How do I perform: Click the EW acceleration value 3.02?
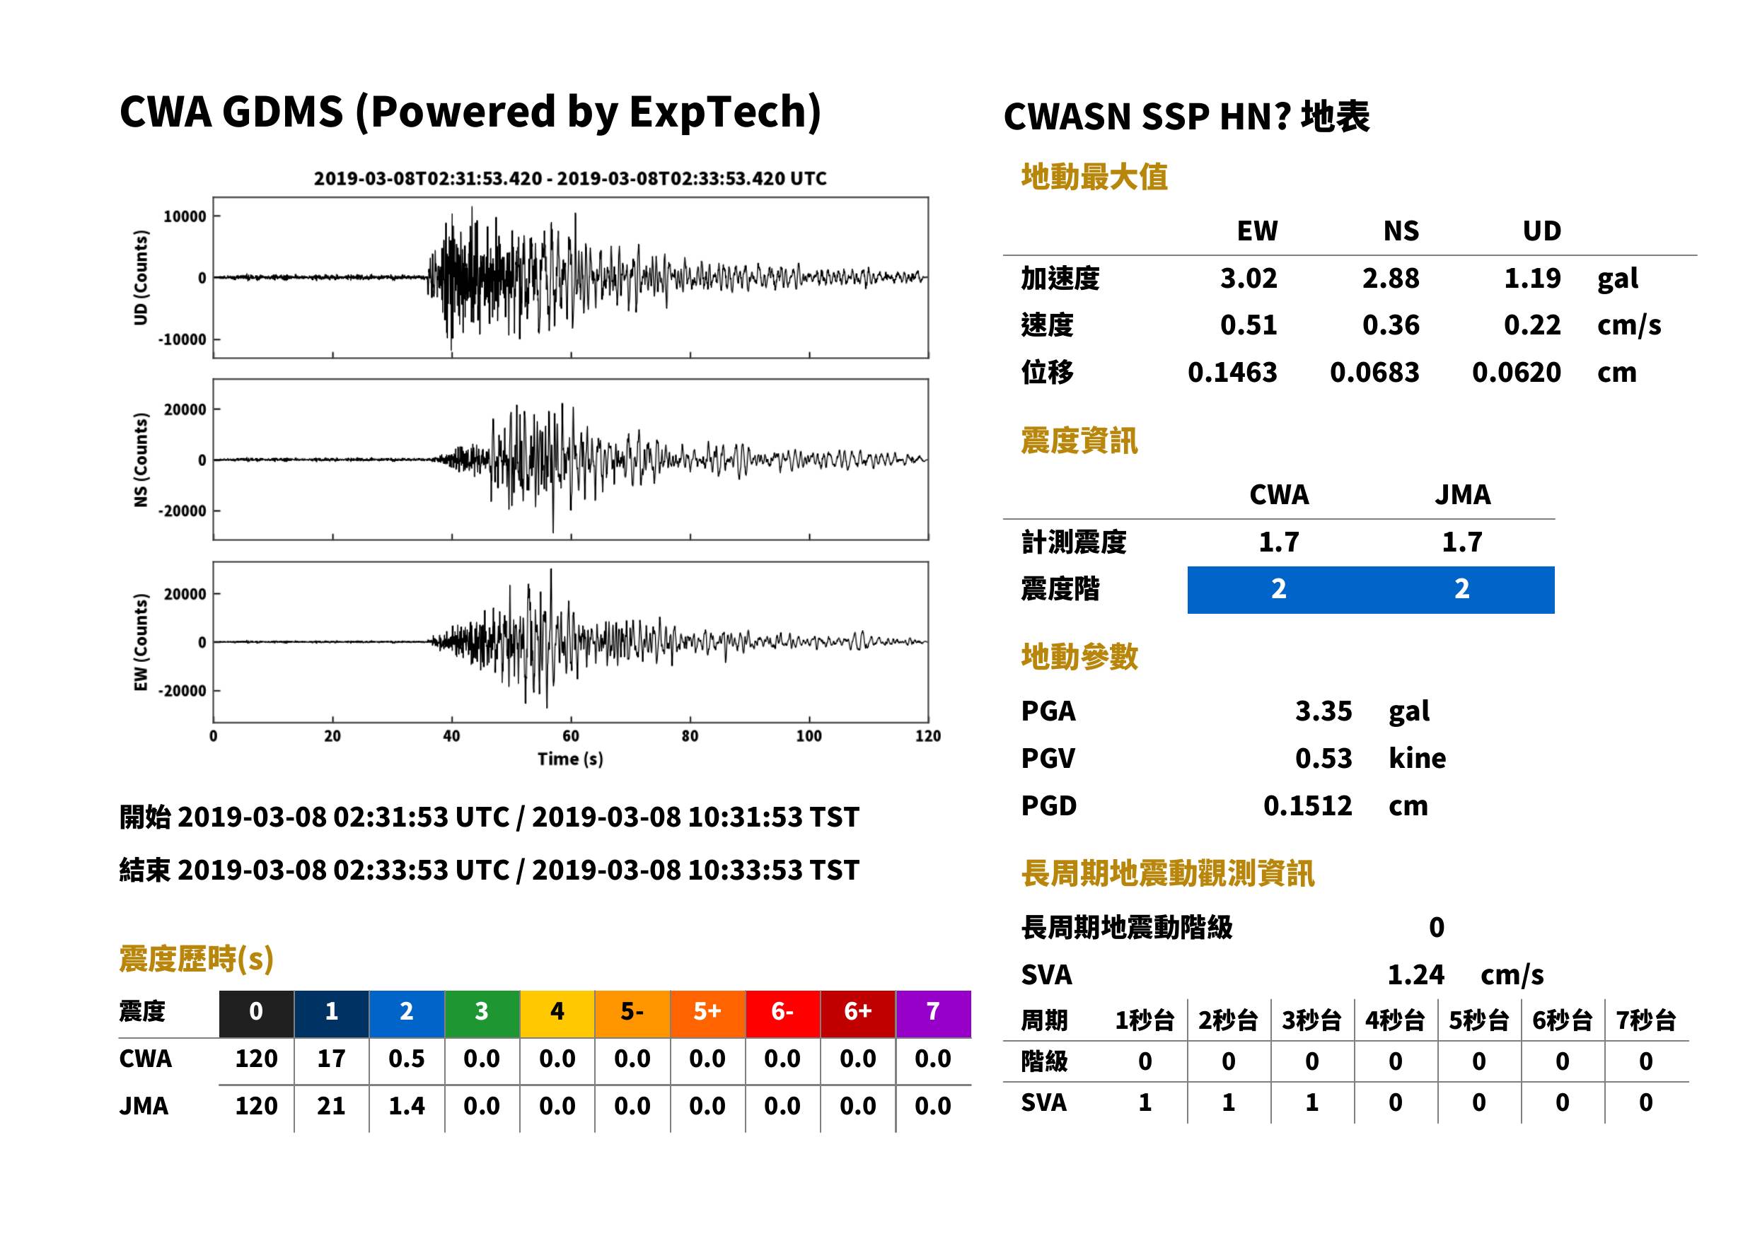pyautogui.click(x=1248, y=278)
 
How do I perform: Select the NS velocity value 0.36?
pyautogui.click(x=1390, y=325)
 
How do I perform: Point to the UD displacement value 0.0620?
pyautogui.click(x=1516, y=372)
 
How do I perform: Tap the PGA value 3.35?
pyautogui.click(x=1323, y=711)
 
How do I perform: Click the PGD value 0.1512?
pyautogui.click(x=1307, y=805)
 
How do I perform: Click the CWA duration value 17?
pyautogui.click(x=331, y=1059)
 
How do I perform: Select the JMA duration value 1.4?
pyautogui.click(x=406, y=1106)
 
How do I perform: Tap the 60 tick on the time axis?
pyautogui.click(x=570, y=735)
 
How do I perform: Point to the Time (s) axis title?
pyautogui.click(x=570, y=759)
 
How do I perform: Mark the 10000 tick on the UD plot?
pyautogui.click(x=185, y=216)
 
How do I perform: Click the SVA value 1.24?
pyautogui.click(x=1415, y=974)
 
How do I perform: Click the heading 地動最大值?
pyautogui.click(x=1094, y=177)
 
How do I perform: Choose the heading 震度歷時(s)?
pyautogui.click(x=196, y=959)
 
